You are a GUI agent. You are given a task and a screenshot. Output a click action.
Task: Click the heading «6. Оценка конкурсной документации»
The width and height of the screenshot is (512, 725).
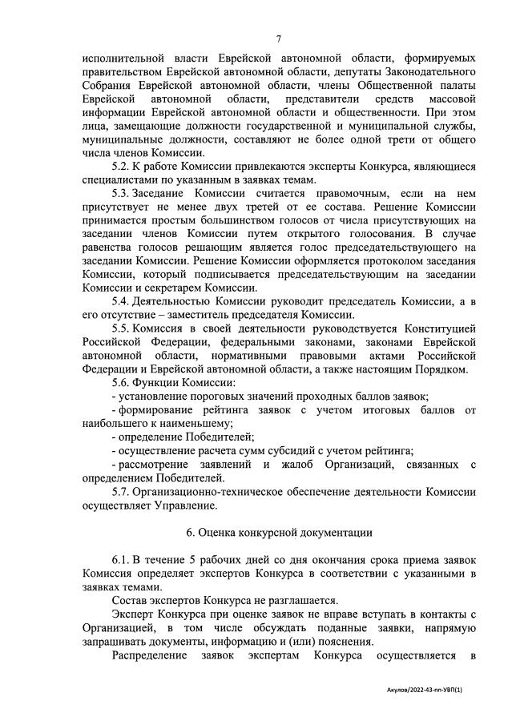point(278,532)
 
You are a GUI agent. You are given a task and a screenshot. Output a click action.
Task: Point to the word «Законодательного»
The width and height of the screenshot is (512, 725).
point(418,72)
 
